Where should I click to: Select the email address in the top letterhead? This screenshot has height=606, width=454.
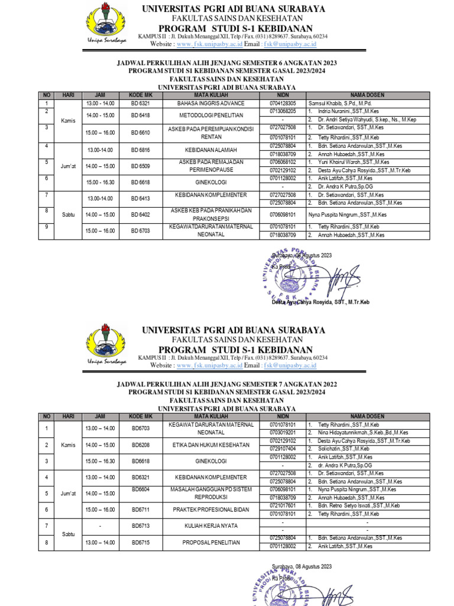point(290,44)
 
